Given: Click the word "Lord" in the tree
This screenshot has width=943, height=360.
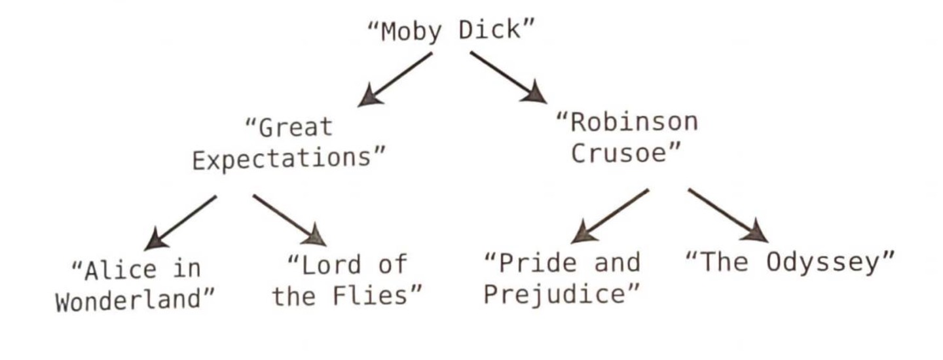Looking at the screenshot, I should pyautogui.click(x=331, y=265).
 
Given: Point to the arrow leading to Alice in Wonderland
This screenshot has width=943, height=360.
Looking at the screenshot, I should pyautogui.click(x=181, y=222).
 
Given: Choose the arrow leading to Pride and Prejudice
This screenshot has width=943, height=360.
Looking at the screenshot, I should pyautogui.click(x=612, y=215).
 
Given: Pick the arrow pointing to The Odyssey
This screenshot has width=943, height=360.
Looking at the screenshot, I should pyautogui.click(x=727, y=215).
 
